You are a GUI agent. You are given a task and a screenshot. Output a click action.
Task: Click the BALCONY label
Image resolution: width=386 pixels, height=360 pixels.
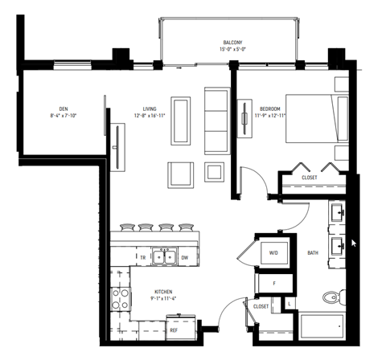tap(233, 43)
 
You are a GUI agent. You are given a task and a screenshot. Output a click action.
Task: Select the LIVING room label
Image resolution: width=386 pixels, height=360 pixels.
tap(150, 108)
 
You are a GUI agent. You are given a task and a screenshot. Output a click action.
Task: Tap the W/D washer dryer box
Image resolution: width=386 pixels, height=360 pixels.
tap(273, 252)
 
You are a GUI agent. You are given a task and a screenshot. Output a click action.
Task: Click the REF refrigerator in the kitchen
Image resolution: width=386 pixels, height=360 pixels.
tap(173, 329)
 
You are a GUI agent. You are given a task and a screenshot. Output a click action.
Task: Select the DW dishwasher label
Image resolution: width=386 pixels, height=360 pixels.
tap(184, 257)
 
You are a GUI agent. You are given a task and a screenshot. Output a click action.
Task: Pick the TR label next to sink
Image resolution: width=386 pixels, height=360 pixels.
tap(142, 257)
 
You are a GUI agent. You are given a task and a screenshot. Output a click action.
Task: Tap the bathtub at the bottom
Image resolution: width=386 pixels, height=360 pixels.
tap(322, 329)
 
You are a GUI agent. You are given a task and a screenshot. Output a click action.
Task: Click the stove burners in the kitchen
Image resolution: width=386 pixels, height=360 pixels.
tap(121, 299)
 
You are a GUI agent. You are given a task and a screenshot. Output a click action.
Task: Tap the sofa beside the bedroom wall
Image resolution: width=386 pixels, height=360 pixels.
tap(216, 121)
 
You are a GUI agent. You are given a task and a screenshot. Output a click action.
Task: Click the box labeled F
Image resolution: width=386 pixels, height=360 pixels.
tap(274, 283)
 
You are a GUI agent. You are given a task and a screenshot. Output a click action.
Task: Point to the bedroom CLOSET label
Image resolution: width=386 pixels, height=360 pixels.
tap(309, 177)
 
